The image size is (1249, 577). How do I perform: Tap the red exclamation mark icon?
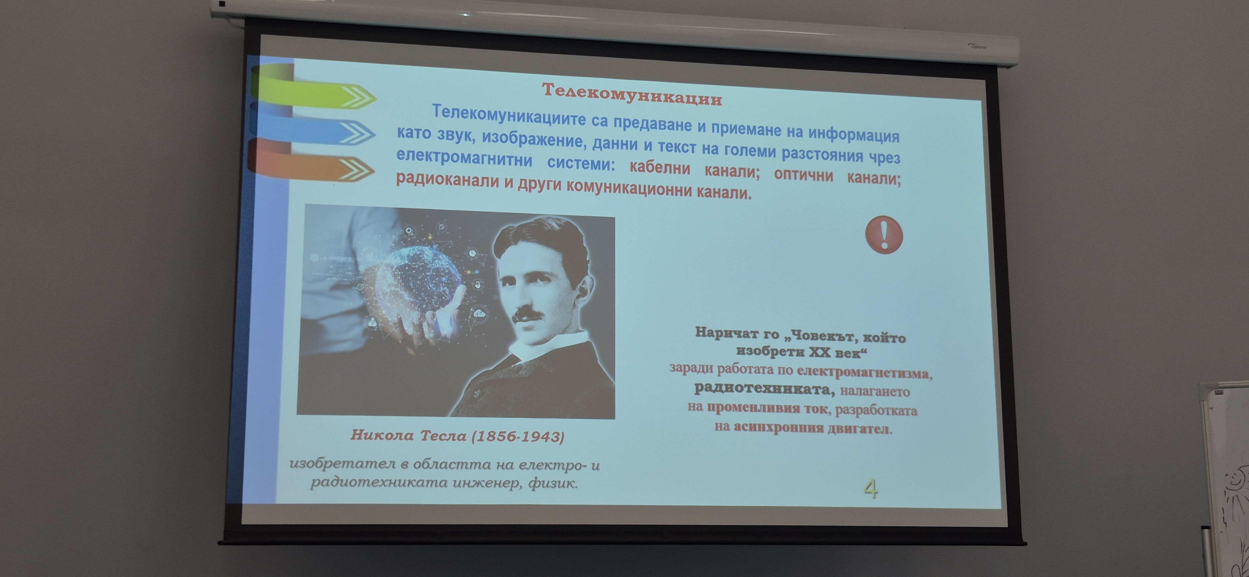point(884,235)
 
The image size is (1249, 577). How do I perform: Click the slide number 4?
point(871,488)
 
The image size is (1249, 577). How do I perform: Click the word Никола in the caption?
point(382,434)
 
